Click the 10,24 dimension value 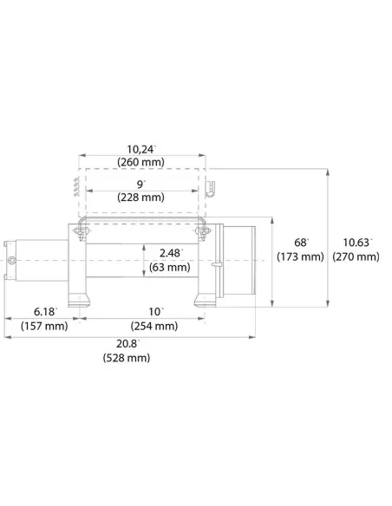(x=140, y=149)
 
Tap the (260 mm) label (x=140, y=162)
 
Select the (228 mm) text (x=140, y=197)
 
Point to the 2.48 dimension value (x=171, y=253)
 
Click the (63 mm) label (x=169, y=267)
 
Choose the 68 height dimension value (x=301, y=243)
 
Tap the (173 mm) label (x=300, y=256)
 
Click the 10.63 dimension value (x=357, y=243)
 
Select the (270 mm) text (x=356, y=256)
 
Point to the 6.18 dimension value (x=45, y=312)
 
